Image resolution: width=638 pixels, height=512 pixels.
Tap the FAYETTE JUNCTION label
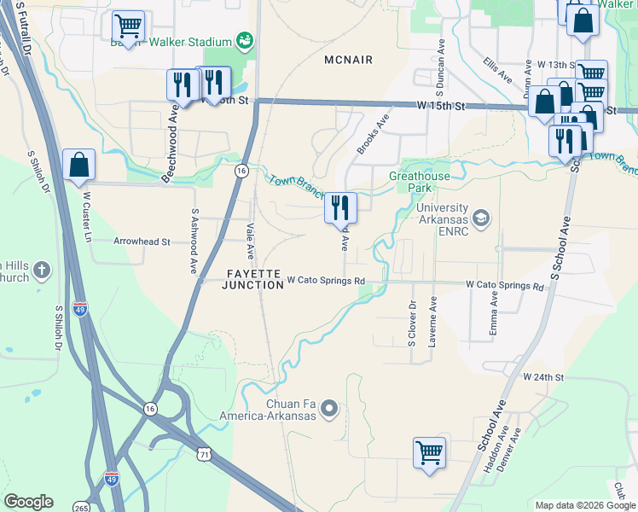[253, 279]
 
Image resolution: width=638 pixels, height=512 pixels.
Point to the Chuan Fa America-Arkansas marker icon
[331, 410]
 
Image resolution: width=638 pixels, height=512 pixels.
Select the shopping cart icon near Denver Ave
[429, 452]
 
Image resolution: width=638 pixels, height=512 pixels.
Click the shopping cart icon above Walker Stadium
[128, 26]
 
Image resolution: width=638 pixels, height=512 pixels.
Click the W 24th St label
[544, 376]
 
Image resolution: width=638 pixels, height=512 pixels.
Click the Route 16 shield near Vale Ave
[242, 172]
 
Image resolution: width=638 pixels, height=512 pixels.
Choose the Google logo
[29, 502]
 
